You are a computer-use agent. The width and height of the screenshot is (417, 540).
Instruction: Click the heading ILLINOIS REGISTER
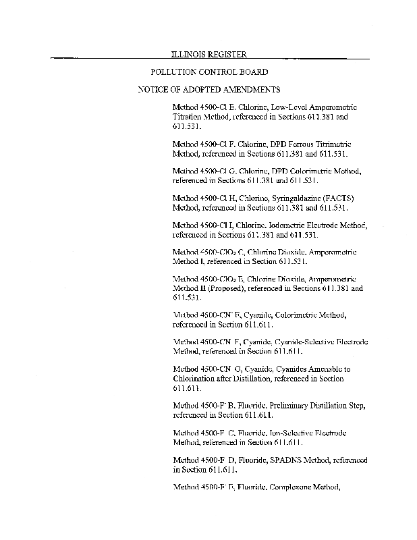pos(208,54)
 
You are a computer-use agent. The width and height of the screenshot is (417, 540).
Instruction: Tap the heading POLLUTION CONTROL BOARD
pos(208,72)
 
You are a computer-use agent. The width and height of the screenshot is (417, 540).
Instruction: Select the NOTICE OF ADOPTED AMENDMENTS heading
pos(208,89)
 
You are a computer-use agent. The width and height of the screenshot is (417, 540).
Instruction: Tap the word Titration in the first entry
pos(188,117)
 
